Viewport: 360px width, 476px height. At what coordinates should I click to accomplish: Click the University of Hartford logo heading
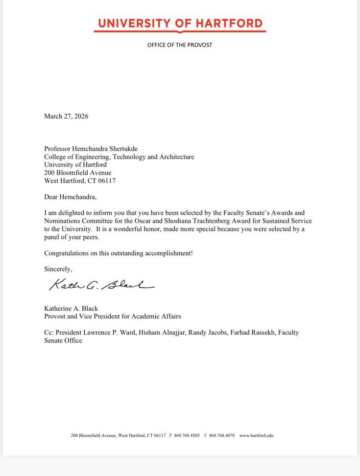pos(180,24)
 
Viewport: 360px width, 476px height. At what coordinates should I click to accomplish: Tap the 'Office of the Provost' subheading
pos(180,45)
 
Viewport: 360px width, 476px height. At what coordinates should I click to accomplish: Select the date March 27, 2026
pos(66,116)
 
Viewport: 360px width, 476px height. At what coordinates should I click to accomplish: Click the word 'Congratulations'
pos(67,253)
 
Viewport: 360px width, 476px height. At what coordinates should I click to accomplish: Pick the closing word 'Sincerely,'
pos(58,269)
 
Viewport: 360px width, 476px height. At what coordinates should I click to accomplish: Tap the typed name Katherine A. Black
pos(71,308)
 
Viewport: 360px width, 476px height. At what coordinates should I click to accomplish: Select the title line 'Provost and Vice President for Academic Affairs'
pos(112,316)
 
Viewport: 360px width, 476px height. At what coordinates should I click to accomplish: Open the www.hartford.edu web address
pos(256,435)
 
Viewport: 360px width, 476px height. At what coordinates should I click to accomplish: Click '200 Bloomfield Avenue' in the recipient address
pos(77,173)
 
